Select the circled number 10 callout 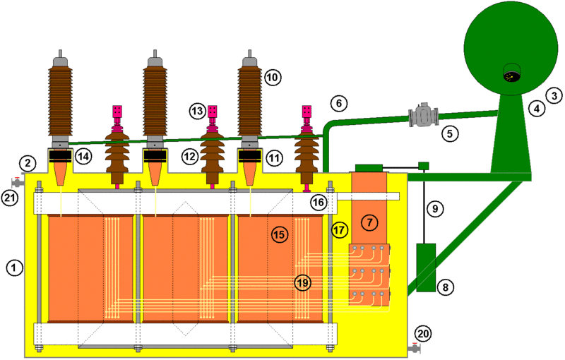pos(273,76)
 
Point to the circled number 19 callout pos(303,282)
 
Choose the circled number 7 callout pos(369,222)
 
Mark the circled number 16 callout pos(319,203)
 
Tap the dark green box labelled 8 pos(427,266)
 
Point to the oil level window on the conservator pos(510,72)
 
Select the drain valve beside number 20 pos(415,347)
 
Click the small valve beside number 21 pos(16,181)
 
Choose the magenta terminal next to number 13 pos(212,112)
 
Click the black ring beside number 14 pos(61,155)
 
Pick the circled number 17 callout pos(340,229)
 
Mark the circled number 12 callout pos(189,155)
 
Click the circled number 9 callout pos(435,208)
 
